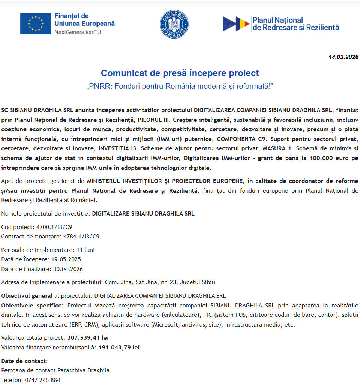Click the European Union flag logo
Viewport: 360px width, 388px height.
(x=36, y=24)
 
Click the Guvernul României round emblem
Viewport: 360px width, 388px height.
(x=174, y=24)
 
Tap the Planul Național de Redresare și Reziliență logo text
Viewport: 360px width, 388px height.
(x=295, y=24)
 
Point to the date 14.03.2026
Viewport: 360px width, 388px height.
(x=343, y=57)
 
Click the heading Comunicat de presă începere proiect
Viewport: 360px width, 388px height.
(x=180, y=73)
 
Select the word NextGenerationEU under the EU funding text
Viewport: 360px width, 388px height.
(x=78, y=32)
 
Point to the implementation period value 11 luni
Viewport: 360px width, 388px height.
(x=85, y=250)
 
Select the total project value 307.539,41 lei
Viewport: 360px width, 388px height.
(x=88, y=337)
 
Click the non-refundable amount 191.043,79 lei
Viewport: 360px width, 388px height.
(x=119, y=347)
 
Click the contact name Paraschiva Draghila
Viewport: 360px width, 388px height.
(x=83, y=370)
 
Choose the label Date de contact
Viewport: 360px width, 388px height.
(x=24, y=361)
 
